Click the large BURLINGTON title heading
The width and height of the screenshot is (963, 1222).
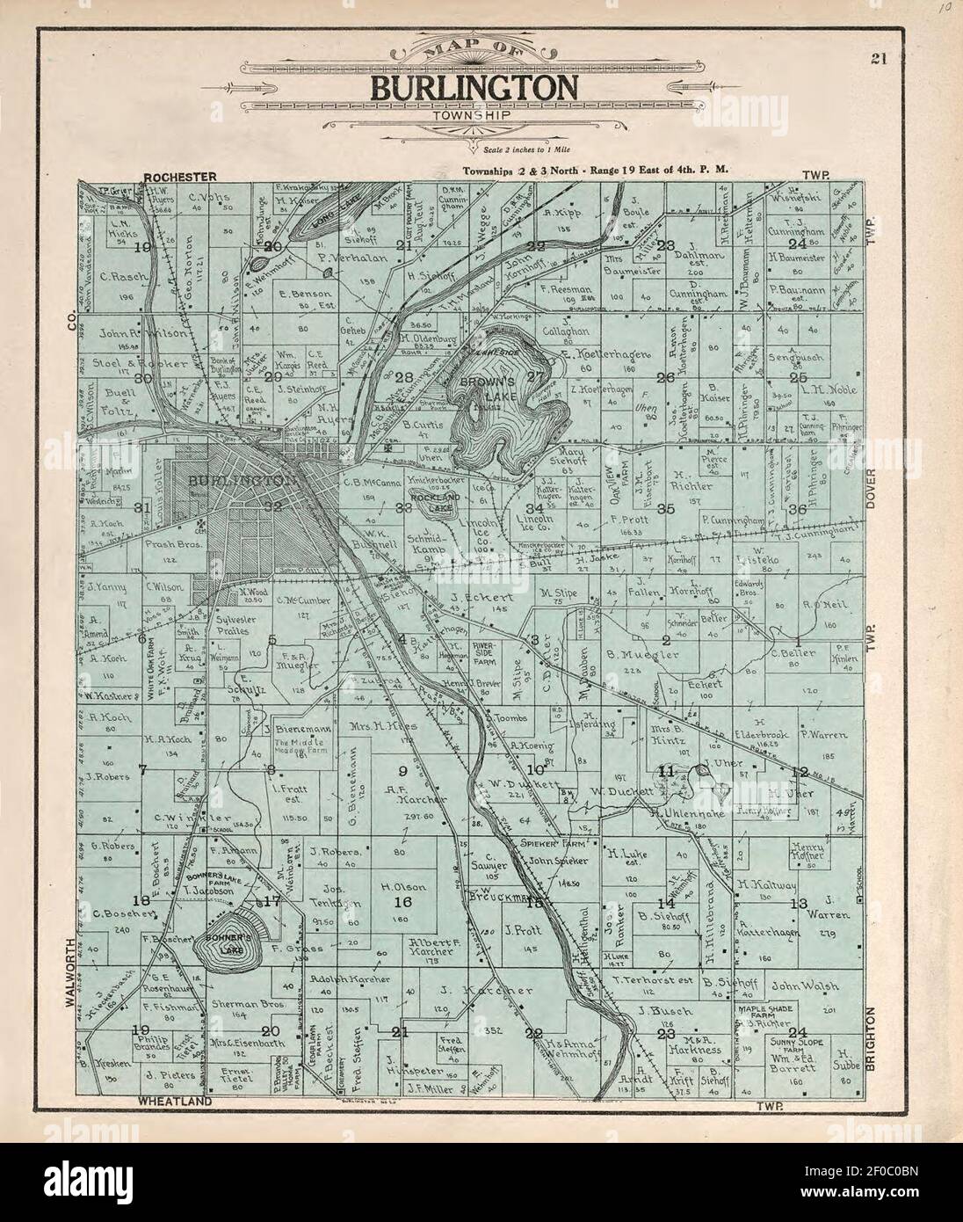coord(474,87)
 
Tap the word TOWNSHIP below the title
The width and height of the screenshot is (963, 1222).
coord(474,114)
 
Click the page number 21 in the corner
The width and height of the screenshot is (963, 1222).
coord(878,60)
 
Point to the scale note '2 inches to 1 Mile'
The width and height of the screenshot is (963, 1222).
coord(500,152)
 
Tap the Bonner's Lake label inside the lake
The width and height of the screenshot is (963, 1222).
coord(230,949)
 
